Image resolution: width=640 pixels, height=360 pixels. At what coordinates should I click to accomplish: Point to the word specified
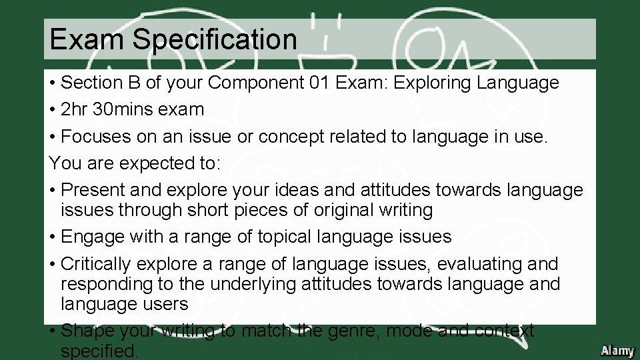pyautogui.click(x=99, y=351)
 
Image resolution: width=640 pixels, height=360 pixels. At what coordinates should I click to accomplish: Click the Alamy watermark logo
pyautogui.click(x=617, y=351)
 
